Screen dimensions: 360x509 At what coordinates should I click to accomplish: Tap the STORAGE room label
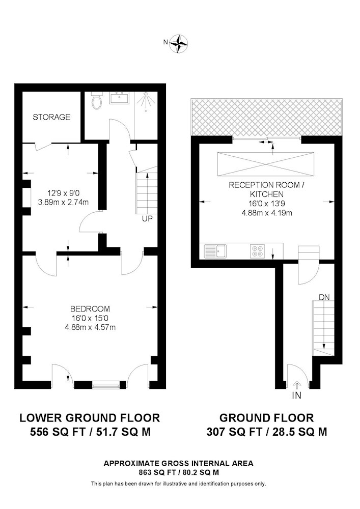tap(51, 117)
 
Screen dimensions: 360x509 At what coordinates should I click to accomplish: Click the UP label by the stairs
tap(147, 218)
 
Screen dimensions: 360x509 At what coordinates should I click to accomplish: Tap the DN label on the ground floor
tap(324, 297)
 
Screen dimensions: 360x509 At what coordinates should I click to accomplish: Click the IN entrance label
tap(296, 395)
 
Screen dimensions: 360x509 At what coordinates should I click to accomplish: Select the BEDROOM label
tap(90, 309)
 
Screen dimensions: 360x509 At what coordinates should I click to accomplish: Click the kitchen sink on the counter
tap(215, 251)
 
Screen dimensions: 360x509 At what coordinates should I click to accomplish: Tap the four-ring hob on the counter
tap(258, 251)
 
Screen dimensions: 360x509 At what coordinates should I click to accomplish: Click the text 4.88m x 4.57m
tap(90, 327)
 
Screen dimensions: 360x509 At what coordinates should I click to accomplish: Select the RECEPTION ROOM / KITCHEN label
tap(266, 189)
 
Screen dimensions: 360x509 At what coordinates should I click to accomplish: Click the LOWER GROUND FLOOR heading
tap(90, 417)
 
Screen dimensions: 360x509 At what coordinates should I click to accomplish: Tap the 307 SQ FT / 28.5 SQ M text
tap(266, 432)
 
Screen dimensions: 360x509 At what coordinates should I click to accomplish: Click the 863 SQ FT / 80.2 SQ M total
tap(179, 473)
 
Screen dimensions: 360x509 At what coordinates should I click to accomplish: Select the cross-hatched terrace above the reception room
tap(266, 118)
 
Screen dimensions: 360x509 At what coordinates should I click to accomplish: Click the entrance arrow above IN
tap(296, 385)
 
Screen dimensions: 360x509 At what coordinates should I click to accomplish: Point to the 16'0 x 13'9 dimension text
tap(266, 204)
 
